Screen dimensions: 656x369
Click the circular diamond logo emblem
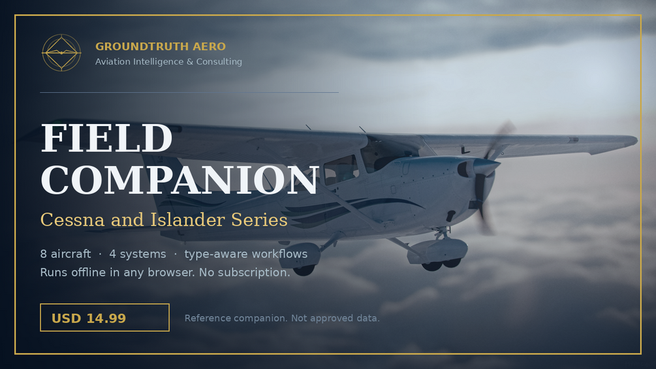pos(61,53)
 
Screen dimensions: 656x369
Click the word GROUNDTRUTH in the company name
pos(142,46)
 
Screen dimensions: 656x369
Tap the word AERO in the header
pos(209,46)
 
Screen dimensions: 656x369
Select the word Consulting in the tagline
pos(219,61)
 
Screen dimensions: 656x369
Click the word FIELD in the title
pos(106,138)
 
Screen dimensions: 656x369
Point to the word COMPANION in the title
pos(180,180)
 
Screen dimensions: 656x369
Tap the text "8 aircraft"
pos(66,254)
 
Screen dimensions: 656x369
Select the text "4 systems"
pos(138,254)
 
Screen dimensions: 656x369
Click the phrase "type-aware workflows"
pos(246,254)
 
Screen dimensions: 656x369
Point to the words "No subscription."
pos(244,272)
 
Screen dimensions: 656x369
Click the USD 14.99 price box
pos(104,317)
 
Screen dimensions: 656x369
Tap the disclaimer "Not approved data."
pos(336,318)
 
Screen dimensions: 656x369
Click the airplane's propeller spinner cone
pos(485,167)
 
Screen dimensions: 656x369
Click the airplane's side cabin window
pos(341,169)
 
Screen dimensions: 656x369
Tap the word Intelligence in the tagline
pos(158,61)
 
